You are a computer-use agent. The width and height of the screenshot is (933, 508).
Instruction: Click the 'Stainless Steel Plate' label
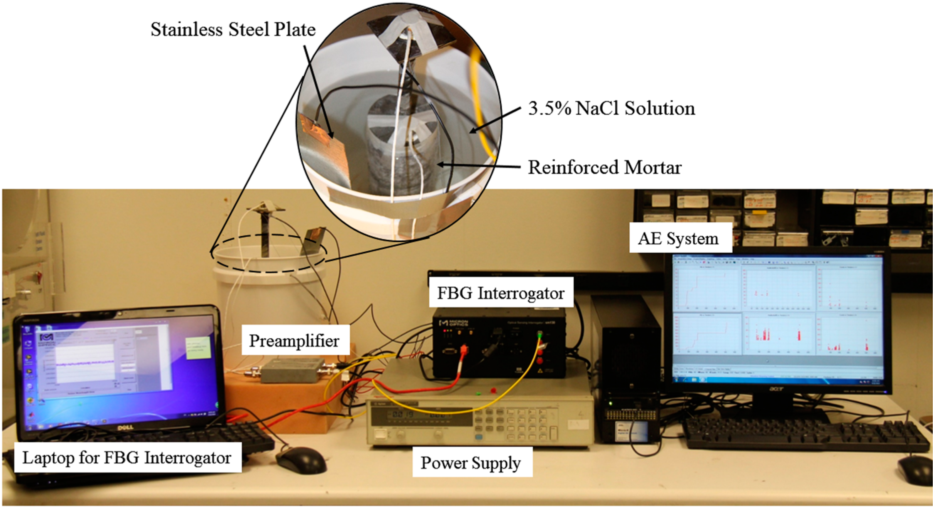coord(233,29)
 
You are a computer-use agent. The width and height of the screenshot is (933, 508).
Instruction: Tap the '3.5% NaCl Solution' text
coord(611,108)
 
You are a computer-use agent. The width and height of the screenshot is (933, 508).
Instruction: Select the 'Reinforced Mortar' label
coord(604,167)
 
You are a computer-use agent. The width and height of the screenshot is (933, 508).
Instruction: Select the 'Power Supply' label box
coord(471,463)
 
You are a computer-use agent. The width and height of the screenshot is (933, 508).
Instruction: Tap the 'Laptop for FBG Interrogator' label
coord(127,458)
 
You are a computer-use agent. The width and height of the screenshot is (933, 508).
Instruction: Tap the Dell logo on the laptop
coord(125,428)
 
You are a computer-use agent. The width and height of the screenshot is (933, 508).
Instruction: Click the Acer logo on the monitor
coord(776,388)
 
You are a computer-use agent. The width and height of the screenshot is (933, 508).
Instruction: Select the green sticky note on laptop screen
coord(198,348)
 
